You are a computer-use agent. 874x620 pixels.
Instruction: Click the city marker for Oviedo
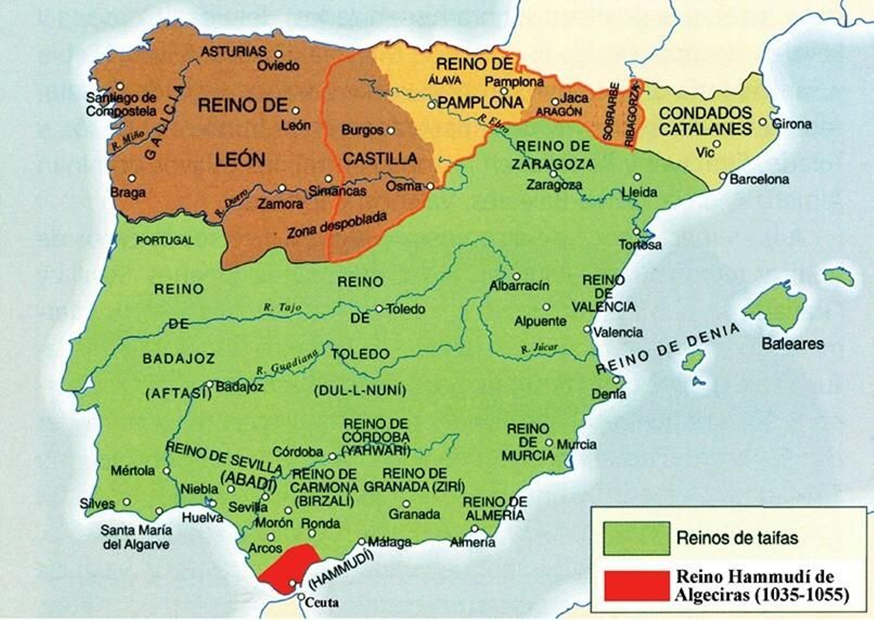click(278, 54)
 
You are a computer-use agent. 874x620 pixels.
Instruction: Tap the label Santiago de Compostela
click(121, 104)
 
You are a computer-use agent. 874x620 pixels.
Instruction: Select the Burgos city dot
click(391, 131)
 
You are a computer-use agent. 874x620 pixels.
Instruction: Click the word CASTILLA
click(380, 159)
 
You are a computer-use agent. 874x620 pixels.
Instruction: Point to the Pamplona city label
click(514, 82)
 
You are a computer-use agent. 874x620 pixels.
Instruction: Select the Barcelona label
click(759, 179)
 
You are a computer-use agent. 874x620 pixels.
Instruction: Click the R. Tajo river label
click(282, 308)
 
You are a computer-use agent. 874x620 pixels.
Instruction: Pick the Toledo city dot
click(379, 309)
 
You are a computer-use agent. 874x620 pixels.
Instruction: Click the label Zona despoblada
click(337, 225)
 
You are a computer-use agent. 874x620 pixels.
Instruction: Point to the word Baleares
click(792, 344)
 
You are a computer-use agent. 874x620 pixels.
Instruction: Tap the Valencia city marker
click(587, 329)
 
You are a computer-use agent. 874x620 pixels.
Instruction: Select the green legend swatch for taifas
click(636, 539)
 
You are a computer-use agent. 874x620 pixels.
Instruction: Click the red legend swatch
click(636, 586)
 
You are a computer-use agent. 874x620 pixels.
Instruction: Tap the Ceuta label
click(322, 603)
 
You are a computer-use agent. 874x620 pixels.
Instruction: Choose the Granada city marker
click(406, 504)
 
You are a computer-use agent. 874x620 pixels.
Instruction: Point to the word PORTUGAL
click(165, 240)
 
